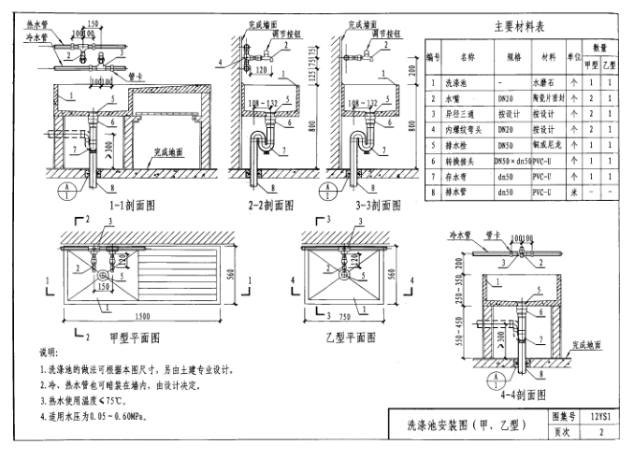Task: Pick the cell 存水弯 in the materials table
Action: pos(467,177)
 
